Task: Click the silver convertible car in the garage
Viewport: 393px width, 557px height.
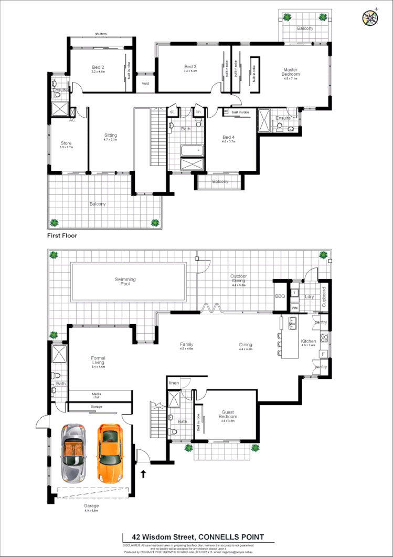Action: [72, 453]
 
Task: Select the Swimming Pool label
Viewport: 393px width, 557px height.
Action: [125, 282]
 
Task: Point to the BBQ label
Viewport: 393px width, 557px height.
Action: [279, 296]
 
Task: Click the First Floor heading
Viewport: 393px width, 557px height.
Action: [62, 236]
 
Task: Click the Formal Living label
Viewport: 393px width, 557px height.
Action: [98, 360]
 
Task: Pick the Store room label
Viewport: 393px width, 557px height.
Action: [66, 143]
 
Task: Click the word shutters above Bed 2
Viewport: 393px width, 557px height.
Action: [101, 34]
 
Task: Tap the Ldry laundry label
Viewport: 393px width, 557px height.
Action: [309, 296]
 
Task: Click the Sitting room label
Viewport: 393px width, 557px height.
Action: [110, 135]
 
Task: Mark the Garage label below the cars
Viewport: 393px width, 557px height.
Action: [91, 506]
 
